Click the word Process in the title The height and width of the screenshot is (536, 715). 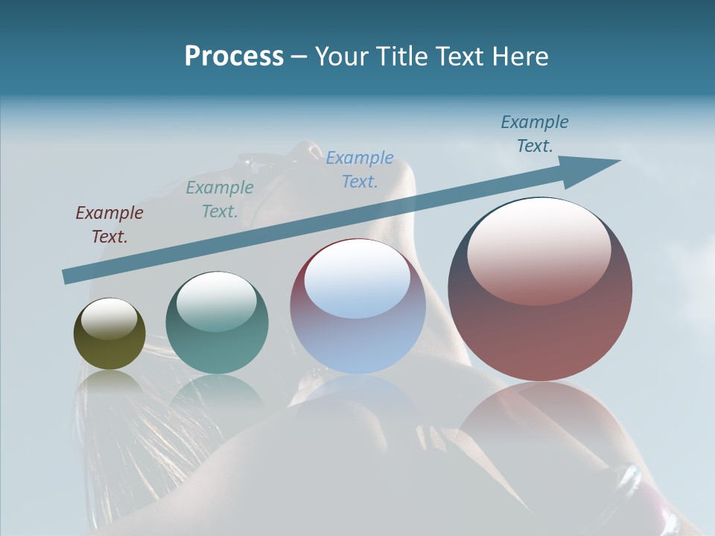point(234,57)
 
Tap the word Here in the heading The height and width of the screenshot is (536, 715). point(518,57)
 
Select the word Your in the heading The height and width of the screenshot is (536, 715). point(342,57)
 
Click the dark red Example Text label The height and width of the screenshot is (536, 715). point(109,224)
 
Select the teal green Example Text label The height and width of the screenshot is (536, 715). point(219,199)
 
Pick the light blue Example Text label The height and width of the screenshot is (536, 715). point(359,169)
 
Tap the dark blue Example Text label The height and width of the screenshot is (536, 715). point(534,133)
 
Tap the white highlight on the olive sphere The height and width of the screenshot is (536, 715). point(109,319)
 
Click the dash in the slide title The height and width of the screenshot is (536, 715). point(299,57)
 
